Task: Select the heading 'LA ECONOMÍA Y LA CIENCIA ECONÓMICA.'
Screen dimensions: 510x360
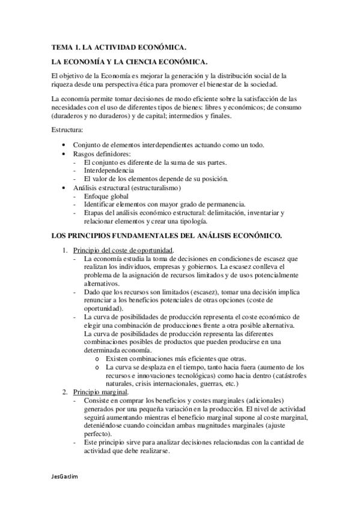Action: point(129,62)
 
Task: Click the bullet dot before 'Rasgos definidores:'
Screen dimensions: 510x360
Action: point(64,154)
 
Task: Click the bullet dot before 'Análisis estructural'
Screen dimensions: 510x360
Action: point(64,188)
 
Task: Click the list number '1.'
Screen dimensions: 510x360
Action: point(66,250)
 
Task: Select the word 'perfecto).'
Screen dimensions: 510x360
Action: point(99,434)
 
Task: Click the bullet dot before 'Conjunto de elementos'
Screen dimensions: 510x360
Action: point(64,146)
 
